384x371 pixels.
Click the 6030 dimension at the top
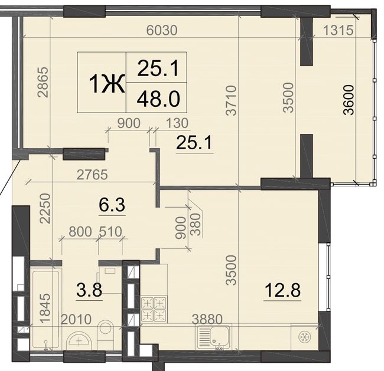(x=162, y=31)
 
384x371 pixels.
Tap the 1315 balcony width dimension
(x=339, y=30)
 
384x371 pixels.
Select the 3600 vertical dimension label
(x=349, y=100)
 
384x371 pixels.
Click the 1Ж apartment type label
(x=108, y=84)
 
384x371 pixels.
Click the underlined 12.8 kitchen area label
(x=282, y=290)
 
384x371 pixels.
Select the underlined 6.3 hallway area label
(x=112, y=205)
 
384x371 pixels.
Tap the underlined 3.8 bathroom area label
(x=89, y=290)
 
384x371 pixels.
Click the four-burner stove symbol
(x=154, y=309)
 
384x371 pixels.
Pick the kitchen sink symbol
(x=213, y=337)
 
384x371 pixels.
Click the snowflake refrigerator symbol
(x=305, y=337)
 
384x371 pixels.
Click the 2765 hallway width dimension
(x=92, y=175)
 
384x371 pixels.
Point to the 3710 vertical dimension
(x=231, y=100)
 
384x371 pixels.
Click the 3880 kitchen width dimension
(x=207, y=319)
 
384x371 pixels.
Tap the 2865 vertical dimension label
(x=43, y=82)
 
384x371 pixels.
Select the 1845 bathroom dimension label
(x=45, y=308)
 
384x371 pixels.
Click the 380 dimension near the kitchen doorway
(x=196, y=224)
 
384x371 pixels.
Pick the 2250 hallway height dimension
(x=45, y=208)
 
